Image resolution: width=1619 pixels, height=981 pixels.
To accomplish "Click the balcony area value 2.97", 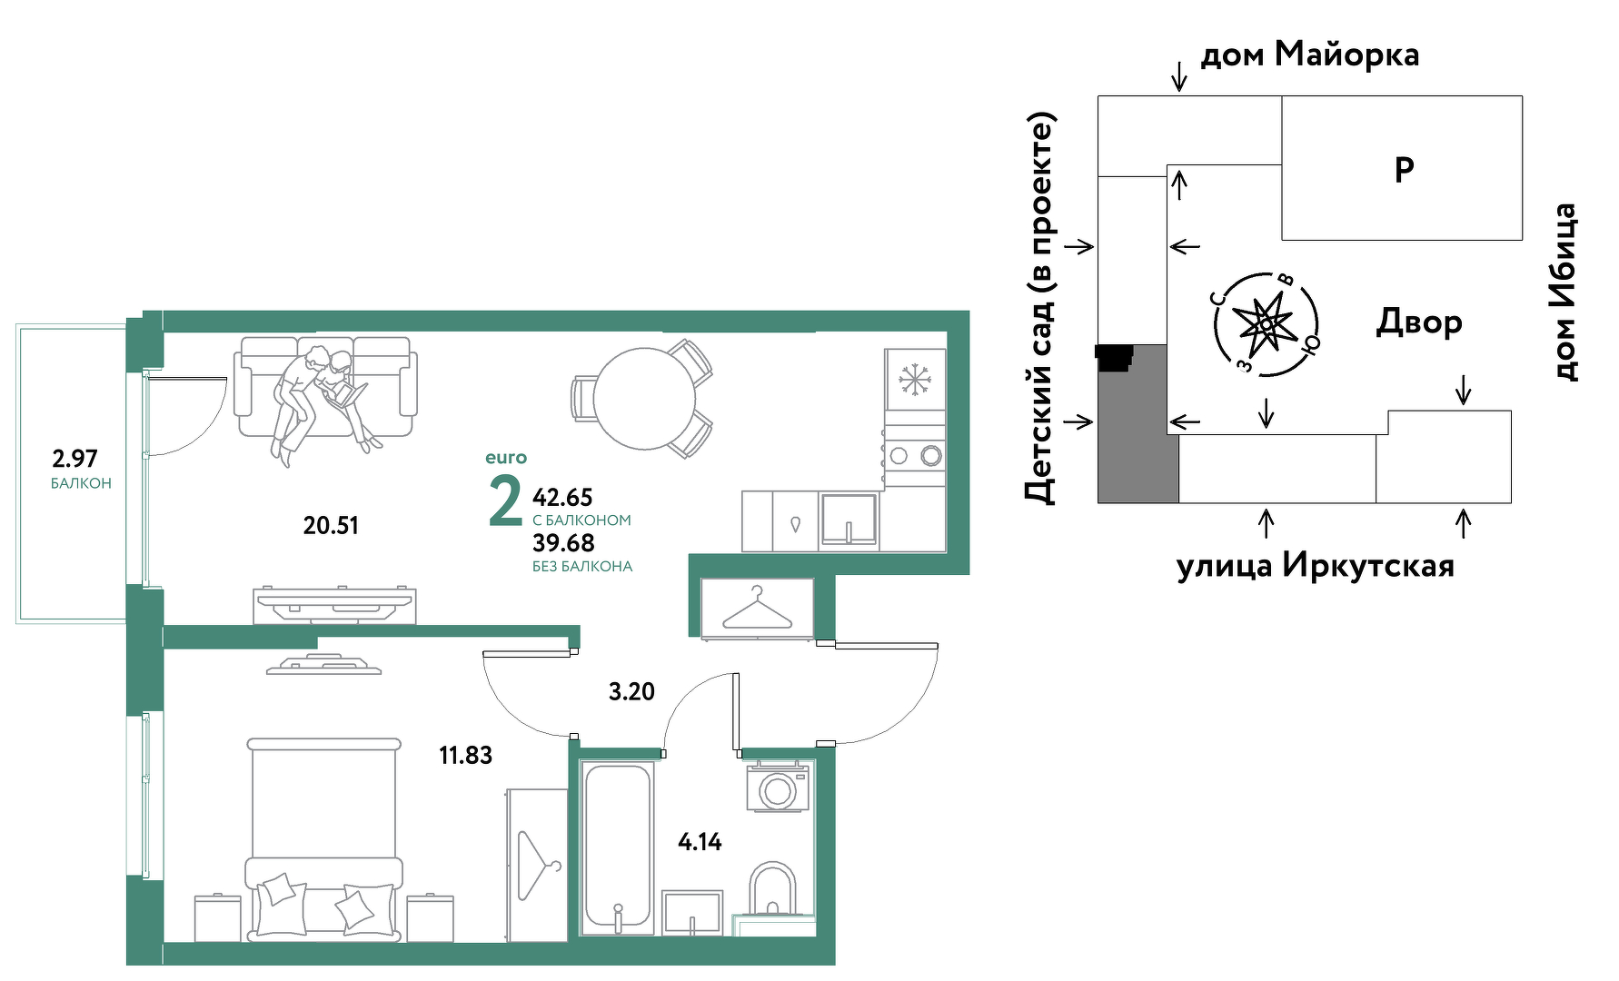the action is click(x=74, y=459).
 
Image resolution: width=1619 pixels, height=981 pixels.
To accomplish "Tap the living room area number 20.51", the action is click(x=331, y=525).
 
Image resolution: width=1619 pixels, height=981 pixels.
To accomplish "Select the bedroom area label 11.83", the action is click(x=465, y=755).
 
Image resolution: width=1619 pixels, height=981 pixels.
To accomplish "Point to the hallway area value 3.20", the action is click(x=631, y=691).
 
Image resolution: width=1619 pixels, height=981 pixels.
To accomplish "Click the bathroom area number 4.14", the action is click(x=700, y=842).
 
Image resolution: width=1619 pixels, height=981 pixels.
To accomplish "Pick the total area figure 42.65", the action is click(x=562, y=498).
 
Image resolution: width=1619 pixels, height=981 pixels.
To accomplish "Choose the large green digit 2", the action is click(x=505, y=500).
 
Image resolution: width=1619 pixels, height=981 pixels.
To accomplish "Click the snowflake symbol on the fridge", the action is click(x=915, y=379).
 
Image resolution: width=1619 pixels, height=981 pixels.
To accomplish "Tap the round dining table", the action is click(x=644, y=398).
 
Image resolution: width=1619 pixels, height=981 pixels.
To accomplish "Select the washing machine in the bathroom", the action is click(x=778, y=788).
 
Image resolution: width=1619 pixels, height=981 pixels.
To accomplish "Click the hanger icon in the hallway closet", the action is click(x=757, y=609).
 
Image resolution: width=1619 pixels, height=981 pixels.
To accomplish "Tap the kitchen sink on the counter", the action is click(x=849, y=520).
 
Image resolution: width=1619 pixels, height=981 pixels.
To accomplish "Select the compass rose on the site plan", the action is click(x=1266, y=323).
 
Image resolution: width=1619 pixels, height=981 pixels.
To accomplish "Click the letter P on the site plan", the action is click(x=1404, y=170).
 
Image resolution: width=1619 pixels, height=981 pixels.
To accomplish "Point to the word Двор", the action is click(x=1419, y=323).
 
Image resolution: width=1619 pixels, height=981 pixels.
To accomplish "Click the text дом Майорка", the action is click(x=1309, y=54).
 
